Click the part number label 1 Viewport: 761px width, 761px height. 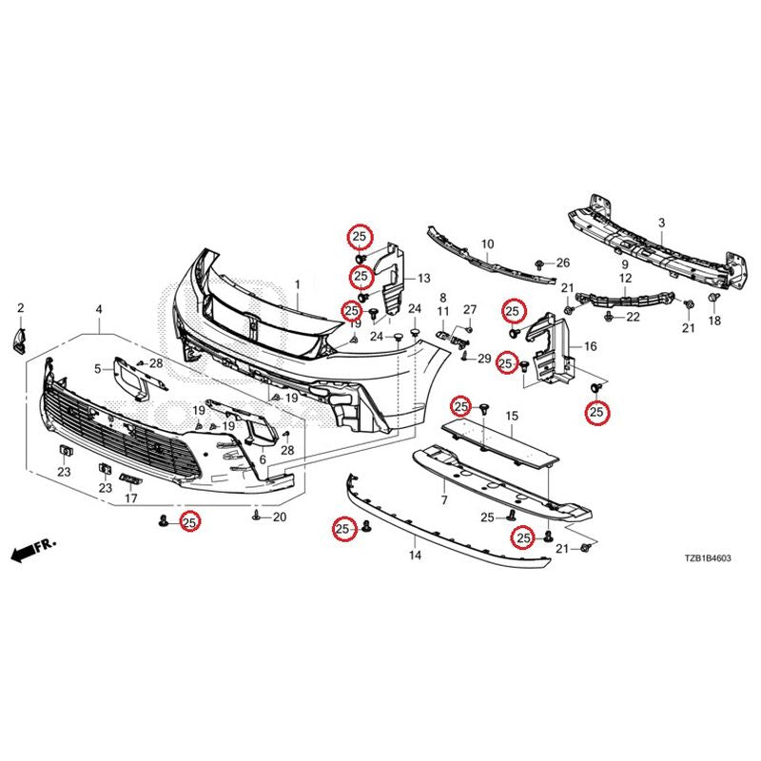pos(298,284)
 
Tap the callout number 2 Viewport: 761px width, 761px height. pos(20,307)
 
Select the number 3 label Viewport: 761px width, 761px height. pos(661,224)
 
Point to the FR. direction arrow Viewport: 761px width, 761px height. pos(33,550)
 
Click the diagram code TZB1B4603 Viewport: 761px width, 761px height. pos(708,558)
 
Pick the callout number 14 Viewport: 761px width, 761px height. pos(415,555)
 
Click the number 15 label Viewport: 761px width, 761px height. pos(512,416)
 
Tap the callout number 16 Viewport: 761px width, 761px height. pos(590,346)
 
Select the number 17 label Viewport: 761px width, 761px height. pos(131,498)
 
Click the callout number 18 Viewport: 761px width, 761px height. pos(715,321)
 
